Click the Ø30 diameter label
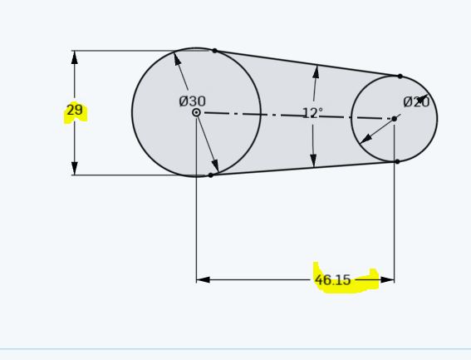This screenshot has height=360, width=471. pos(192,101)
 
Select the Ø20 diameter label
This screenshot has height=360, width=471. pos(416,102)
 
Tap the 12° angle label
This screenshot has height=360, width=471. pos(312,113)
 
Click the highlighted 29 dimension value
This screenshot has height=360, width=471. pos(75,110)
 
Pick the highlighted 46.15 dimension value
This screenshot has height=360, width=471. pos(333,280)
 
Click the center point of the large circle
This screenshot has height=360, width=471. pos(196,112)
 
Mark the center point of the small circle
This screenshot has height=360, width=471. pos(394,119)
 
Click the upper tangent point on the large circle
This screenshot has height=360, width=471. pos(214,51)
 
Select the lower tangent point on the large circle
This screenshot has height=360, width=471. pos(210,175)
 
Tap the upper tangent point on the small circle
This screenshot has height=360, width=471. pos(400,76)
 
